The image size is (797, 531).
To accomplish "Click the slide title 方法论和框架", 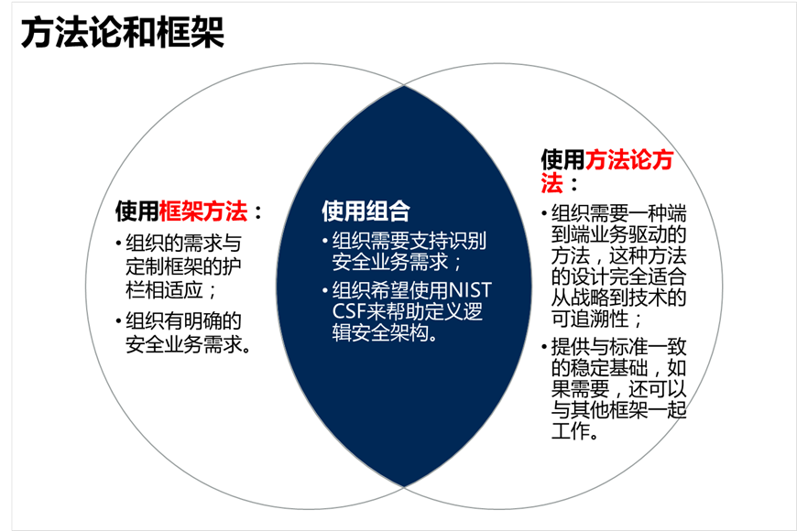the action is click(x=123, y=32).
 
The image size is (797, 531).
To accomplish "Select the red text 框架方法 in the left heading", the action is click(x=203, y=211).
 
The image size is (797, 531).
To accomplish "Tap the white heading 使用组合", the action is click(x=366, y=211).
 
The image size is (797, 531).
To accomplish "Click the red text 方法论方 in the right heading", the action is click(x=629, y=159).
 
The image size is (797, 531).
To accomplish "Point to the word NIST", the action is click(x=470, y=290).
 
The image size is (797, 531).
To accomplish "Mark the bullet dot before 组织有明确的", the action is click(x=119, y=321).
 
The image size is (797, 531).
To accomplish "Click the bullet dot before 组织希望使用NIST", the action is click(x=325, y=290).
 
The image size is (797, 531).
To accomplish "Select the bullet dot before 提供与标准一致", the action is click(x=544, y=347).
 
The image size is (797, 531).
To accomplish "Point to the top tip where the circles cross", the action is click(x=404, y=85).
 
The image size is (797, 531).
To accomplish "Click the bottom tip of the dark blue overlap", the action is click(x=404, y=487).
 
